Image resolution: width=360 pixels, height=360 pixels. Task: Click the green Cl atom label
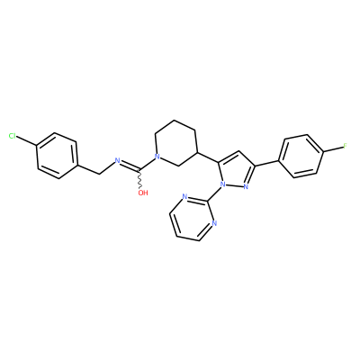point(13,136)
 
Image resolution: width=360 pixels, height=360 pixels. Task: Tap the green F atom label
point(345,146)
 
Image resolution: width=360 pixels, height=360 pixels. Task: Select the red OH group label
point(143,193)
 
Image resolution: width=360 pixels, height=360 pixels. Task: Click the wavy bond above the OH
point(139,179)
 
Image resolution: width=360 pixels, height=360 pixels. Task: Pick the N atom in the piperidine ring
point(156,157)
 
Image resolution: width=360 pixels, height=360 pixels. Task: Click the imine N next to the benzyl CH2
point(117,161)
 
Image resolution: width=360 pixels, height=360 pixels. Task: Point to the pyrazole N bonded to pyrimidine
point(222,184)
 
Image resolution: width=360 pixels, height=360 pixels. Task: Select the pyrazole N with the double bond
point(246,186)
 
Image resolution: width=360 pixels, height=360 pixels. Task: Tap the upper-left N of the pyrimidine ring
point(184,197)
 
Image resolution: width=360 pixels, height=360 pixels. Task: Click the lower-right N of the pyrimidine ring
point(213,223)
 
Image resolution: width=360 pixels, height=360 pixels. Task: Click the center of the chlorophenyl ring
point(57,156)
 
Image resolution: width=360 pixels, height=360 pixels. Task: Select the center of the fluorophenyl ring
point(301,156)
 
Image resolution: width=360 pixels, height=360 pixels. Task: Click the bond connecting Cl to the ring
point(26,141)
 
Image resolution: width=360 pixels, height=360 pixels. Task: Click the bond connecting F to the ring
point(333,149)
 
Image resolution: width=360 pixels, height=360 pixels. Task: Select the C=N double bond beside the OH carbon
point(130,166)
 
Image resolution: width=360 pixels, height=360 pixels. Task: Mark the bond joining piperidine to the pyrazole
point(208,157)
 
